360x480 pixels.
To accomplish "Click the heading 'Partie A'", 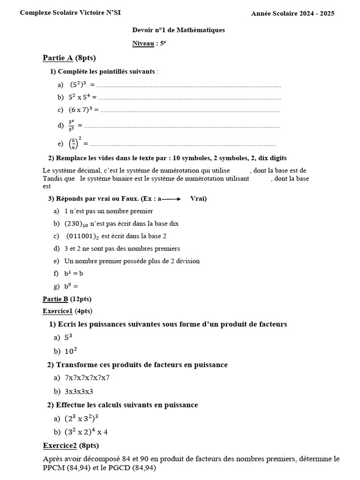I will [x=58, y=58].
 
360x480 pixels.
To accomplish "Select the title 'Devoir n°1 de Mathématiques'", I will [x=179, y=30].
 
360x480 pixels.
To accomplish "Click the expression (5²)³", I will [x=78, y=85].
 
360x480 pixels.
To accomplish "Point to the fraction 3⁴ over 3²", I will [x=71, y=126].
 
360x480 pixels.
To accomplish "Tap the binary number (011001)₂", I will [x=83, y=236].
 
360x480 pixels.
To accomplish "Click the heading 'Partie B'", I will [x=55, y=299].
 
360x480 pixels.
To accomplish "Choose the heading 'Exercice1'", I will [x=58, y=311].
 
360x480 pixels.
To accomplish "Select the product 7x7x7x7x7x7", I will [x=87, y=378].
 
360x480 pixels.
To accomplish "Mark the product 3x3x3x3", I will [x=79, y=391].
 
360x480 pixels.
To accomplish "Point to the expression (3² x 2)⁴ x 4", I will [x=86, y=432].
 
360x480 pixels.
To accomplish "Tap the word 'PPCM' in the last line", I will [x=53, y=468].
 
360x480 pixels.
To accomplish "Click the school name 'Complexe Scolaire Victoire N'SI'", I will [x=70, y=13].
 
